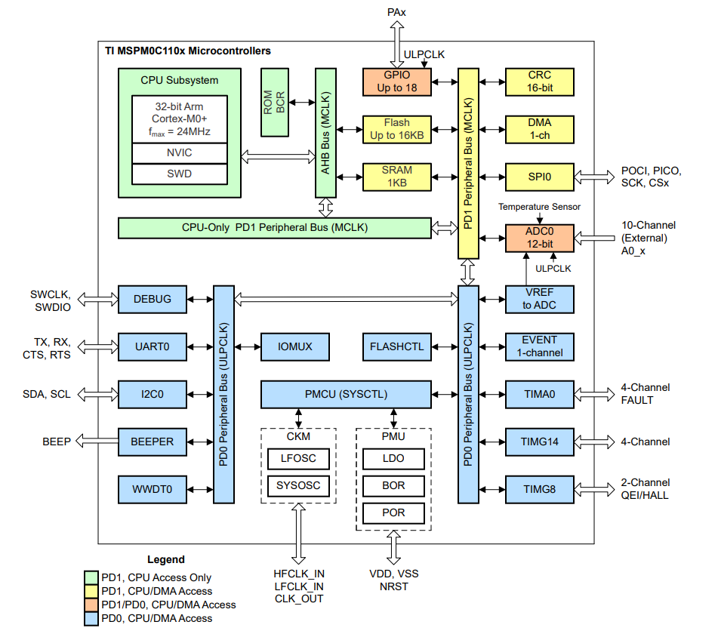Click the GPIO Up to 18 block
[x=396, y=82]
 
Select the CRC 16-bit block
[x=539, y=82]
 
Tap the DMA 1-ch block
[x=539, y=129]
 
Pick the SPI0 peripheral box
[x=539, y=177]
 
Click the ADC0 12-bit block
[x=539, y=238]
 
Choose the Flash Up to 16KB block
[x=396, y=129]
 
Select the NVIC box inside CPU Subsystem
[x=179, y=152]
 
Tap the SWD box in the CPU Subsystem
[x=179, y=174]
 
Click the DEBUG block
[x=152, y=299]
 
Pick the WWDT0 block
[x=152, y=490]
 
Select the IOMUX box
[x=294, y=346]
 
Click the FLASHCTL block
[x=396, y=346]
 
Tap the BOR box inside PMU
[x=393, y=485]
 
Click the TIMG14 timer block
[x=539, y=442]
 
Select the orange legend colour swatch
[x=91, y=605]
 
